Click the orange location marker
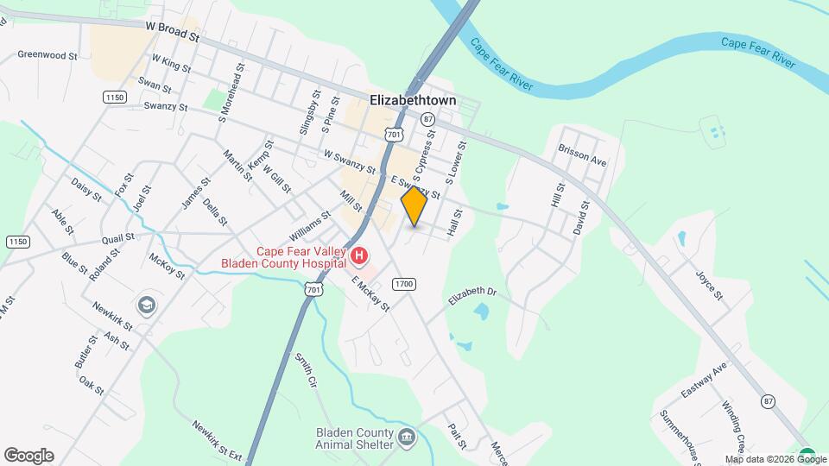coord(414,205)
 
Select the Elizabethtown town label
coord(413,100)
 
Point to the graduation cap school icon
coord(147,305)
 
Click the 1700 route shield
coord(403,284)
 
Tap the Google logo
coord(28,456)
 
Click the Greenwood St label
coord(48,54)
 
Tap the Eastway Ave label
coord(704,380)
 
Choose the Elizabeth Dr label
coord(472,295)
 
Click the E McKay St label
coord(370,293)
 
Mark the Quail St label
coord(118,237)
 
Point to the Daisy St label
coord(86,190)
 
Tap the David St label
coord(580,218)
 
